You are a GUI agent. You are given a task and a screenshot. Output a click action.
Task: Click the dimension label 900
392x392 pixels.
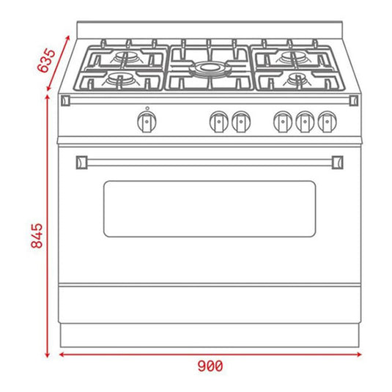[x=210, y=366]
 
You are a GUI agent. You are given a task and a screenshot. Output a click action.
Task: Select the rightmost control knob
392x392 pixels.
[x=327, y=122]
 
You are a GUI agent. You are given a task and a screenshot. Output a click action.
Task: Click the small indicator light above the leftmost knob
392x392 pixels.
[x=147, y=108]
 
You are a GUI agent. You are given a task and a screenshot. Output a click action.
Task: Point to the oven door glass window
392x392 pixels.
[x=210, y=209]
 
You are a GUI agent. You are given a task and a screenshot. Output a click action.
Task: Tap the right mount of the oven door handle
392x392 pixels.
[x=339, y=160]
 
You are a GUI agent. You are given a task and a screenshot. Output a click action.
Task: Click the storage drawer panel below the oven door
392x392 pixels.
[x=210, y=307]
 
